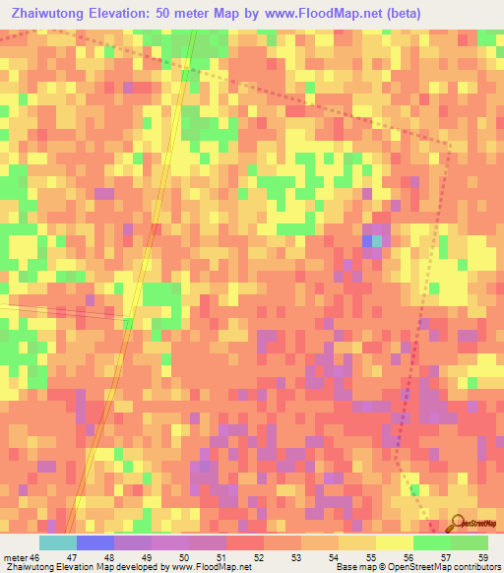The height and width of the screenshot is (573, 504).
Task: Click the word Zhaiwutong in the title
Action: click(x=47, y=14)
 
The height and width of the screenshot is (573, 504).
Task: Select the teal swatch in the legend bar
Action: click(x=58, y=542)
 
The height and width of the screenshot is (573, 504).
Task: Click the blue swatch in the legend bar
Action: click(x=95, y=542)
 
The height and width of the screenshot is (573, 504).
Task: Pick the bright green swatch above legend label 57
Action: click(x=431, y=542)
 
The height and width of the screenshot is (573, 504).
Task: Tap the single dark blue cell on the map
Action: click(x=367, y=241)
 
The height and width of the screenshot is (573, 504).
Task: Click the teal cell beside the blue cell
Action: click(x=378, y=241)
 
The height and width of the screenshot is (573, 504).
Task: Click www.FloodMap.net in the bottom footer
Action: click(x=210, y=567)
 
